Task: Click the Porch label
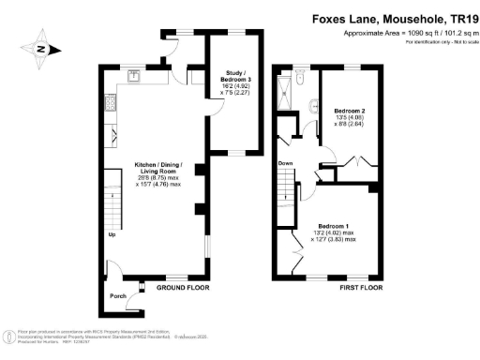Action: [x=118, y=296]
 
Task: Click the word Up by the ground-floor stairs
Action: [x=112, y=234]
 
